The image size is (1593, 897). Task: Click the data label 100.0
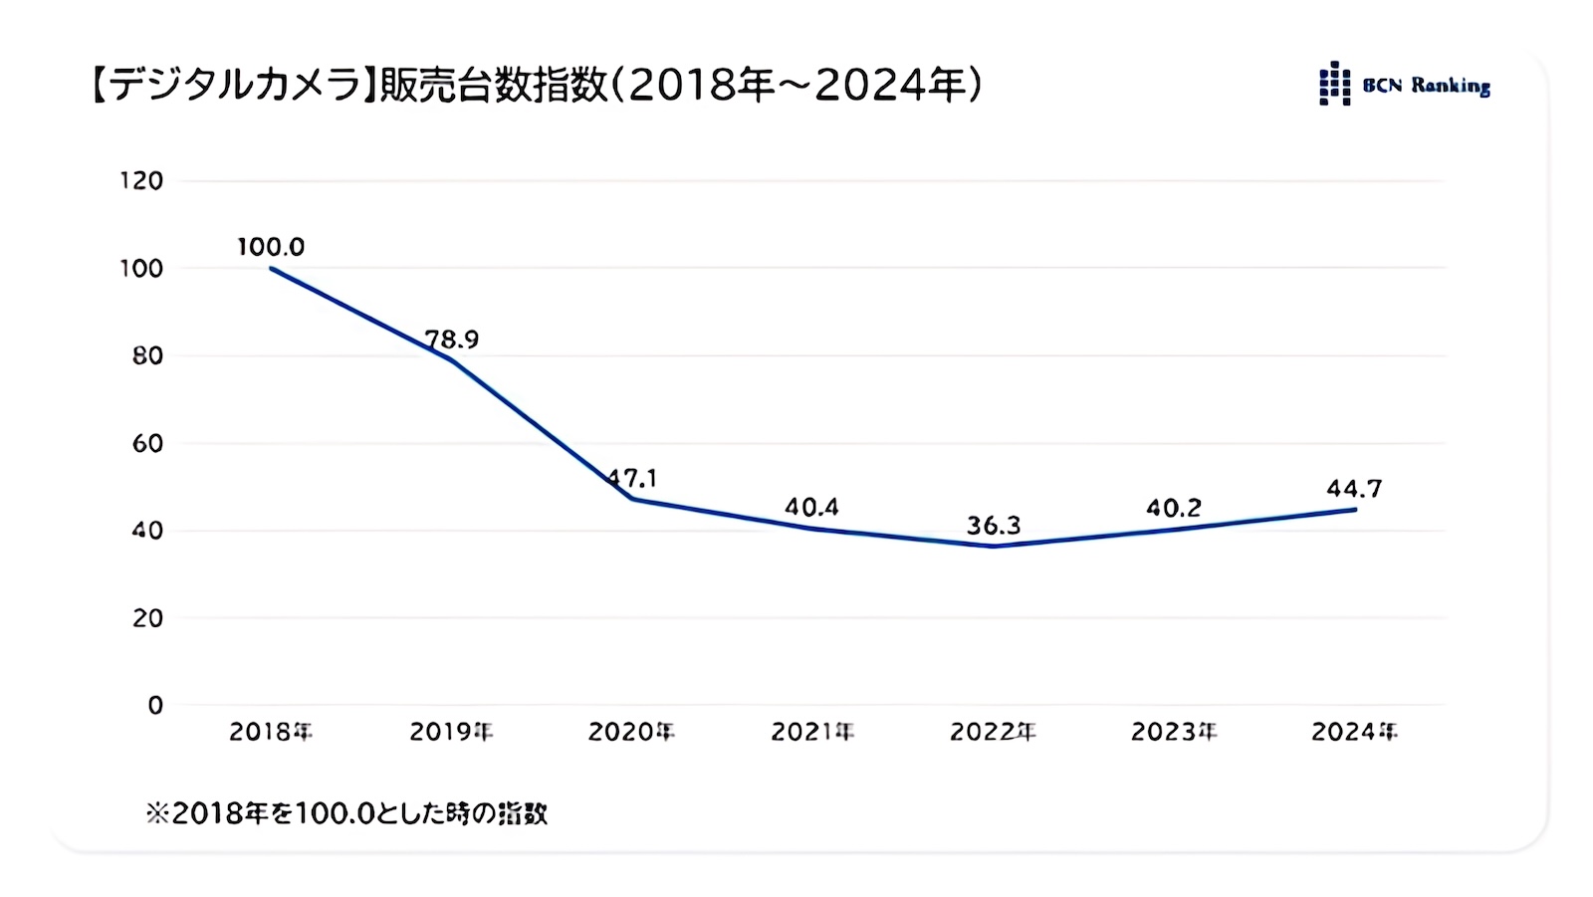coord(271,246)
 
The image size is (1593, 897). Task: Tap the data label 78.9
coord(452,338)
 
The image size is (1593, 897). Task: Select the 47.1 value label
coord(632,478)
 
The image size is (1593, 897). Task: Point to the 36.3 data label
coord(993,525)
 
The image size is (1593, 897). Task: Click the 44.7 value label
coord(1354,488)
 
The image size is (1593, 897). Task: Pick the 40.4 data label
coord(811,507)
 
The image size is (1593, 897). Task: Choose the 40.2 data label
coord(1173,508)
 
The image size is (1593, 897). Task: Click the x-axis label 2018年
coord(271,732)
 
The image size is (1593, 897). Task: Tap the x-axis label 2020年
coord(631,732)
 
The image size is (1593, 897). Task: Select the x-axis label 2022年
coord(993,732)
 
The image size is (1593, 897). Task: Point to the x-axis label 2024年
coord(1354,732)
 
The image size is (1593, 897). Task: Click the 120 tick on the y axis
coord(141,180)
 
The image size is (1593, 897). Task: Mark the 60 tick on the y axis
coord(147,443)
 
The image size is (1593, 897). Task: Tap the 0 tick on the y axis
coord(154,705)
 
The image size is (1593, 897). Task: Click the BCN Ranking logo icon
coord(1334,84)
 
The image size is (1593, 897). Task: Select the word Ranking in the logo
coord(1450,86)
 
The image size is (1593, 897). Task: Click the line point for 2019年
coord(452,360)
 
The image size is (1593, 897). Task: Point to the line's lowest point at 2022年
coord(993,546)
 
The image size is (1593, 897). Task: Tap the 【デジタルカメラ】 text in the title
coord(230,86)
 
